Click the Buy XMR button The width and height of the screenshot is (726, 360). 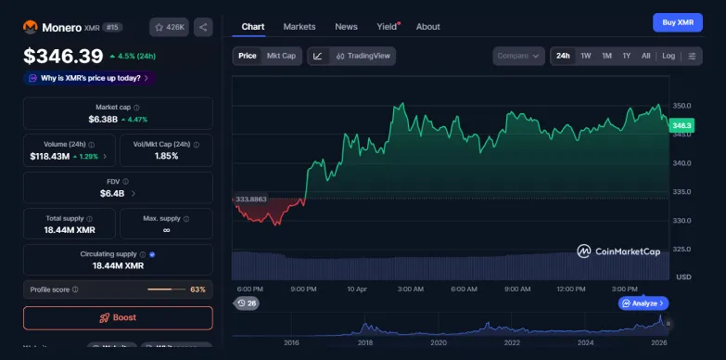[x=677, y=22]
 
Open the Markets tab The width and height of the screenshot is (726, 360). [x=299, y=27]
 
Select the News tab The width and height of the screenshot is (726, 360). [x=346, y=27]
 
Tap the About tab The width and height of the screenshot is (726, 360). [x=428, y=27]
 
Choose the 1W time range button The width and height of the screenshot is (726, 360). [x=586, y=56]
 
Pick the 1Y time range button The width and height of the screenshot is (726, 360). [x=627, y=56]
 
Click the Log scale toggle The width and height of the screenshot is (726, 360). [x=669, y=56]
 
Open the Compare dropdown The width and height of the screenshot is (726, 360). [x=518, y=56]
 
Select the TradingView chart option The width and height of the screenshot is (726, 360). [x=363, y=56]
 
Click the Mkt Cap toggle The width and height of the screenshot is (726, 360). [x=281, y=56]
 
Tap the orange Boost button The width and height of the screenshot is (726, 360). [x=118, y=317]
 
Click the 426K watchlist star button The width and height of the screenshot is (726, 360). [x=169, y=28]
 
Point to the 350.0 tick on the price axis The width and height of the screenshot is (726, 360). [x=682, y=106]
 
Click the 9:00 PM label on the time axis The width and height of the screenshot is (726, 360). [x=304, y=289]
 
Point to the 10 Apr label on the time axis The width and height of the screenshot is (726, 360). [x=358, y=289]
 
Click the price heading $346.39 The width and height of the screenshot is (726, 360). [x=63, y=56]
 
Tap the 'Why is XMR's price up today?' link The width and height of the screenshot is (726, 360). [x=89, y=78]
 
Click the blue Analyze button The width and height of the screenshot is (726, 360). [x=643, y=303]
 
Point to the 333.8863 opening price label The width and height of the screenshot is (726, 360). [x=251, y=199]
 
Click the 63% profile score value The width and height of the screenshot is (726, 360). [x=197, y=289]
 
